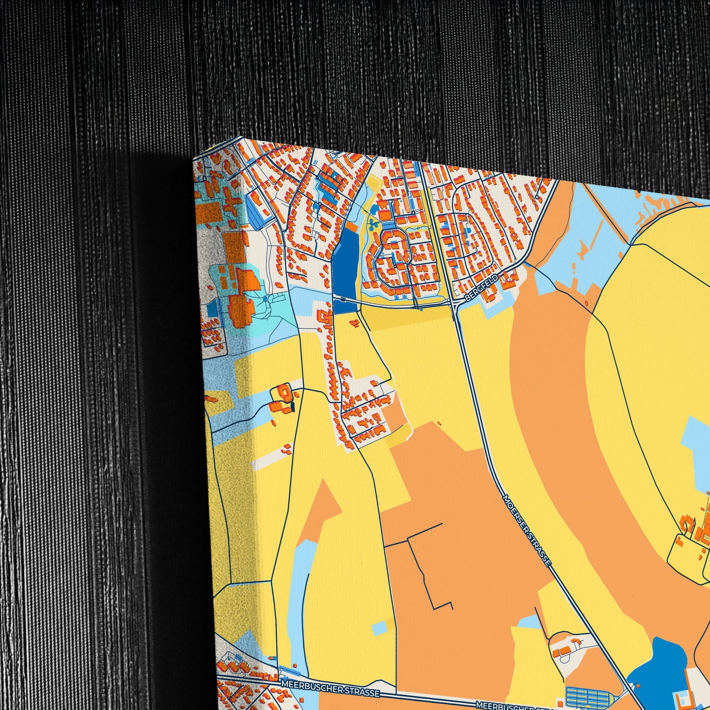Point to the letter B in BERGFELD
(x=467, y=300)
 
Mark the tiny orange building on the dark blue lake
(x=638, y=686)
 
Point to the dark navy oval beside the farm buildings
(x=293, y=406)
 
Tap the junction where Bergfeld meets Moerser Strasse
(x=454, y=305)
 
